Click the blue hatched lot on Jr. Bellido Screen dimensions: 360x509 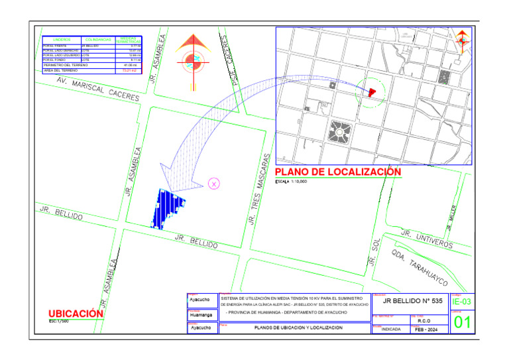(x=168, y=208)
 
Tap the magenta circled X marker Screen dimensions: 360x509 (x=214, y=184)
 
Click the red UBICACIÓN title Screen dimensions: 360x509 (x=76, y=313)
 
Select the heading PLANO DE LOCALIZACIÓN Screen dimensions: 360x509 (x=338, y=172)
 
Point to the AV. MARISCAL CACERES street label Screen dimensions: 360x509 (x=98, y=89)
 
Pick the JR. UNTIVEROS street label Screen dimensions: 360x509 (x=427, y=239)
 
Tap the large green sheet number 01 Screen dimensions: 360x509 (x=462, y=323)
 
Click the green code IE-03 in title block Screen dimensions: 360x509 (x=462, y=302)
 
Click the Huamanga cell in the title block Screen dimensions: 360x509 (x=201, y=315)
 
